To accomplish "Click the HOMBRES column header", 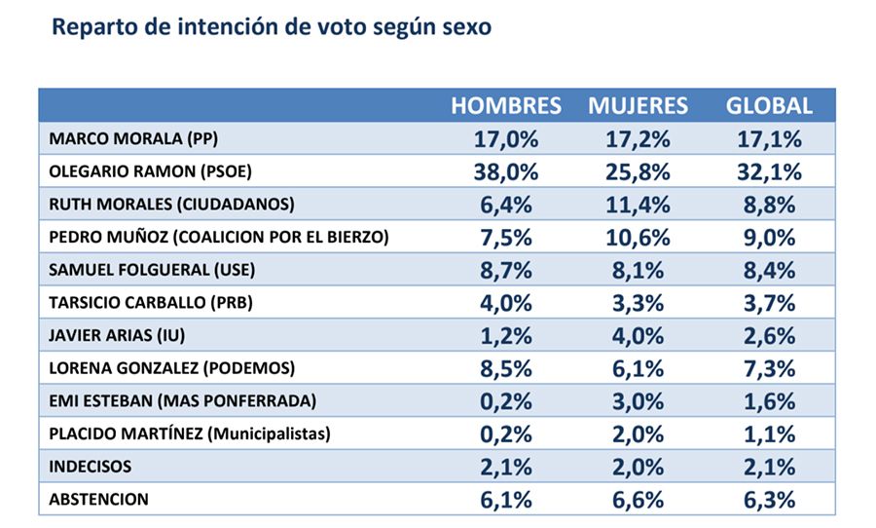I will coord(506,106).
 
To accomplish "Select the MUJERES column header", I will coord(638,106).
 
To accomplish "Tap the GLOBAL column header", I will coord(769,106).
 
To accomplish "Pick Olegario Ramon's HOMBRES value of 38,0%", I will coord(506,172).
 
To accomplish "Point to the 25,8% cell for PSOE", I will coord(638,172).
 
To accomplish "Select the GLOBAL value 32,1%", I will coord(769,172).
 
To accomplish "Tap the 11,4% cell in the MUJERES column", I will coord(638,205).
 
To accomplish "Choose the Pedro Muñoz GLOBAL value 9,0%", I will coord(769,238).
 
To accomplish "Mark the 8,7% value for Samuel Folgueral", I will coord(506,270).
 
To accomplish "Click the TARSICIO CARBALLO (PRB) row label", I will coord(150,303).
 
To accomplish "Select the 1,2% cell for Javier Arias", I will coord(506,335).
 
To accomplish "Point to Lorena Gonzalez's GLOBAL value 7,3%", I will coord(769,368).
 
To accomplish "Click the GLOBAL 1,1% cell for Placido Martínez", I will coord(769,434).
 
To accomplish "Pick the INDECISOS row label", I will coord(91,467).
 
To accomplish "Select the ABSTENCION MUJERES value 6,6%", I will coord(638,500).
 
